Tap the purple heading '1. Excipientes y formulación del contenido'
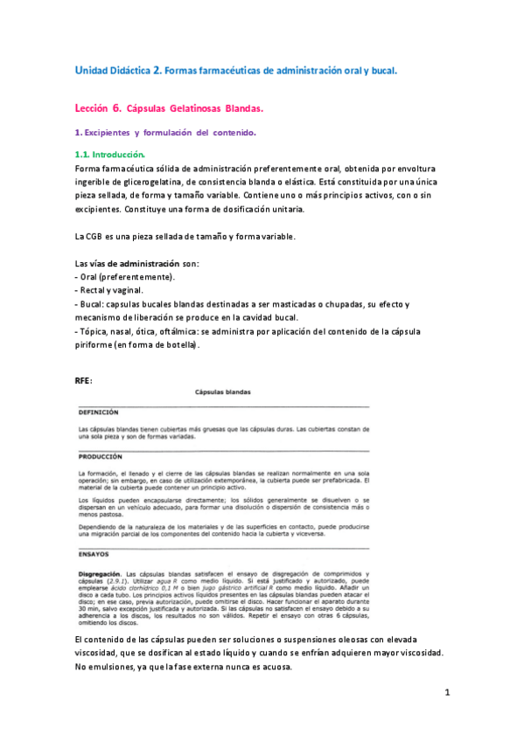pyautogui.click(x=165, y=133)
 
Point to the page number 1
pyautogui.click(x=446, y=693)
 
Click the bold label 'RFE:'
pyautogui.click(x=85, y=380)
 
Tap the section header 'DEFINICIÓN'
pyautogui.click(x=98, y=411)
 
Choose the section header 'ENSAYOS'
pyautogui.click(x=93, y=553)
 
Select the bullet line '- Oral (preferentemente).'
pyautogui.click(x=125, y=277)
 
